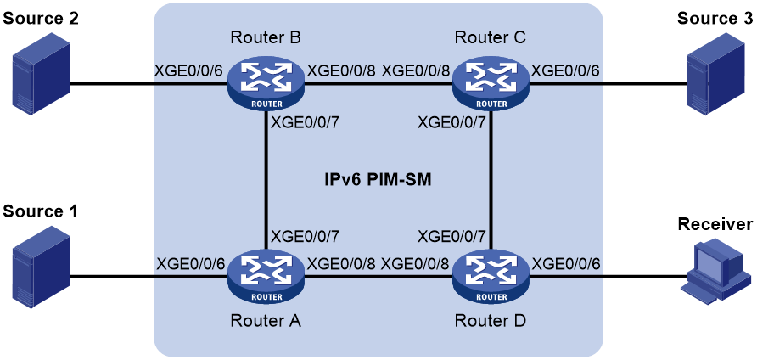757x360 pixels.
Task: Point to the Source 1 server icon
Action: [x=42, y=272]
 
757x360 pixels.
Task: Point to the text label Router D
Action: [x=491, y=320]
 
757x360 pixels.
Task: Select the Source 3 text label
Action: [x=715, y=19]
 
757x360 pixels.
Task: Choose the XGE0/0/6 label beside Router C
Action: [x=565, y=70]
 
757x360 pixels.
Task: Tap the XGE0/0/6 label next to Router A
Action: [x=190, y=264]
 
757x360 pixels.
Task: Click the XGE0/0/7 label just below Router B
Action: [x=306, y=123]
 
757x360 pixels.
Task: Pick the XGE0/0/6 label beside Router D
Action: [x=565, y=264]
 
